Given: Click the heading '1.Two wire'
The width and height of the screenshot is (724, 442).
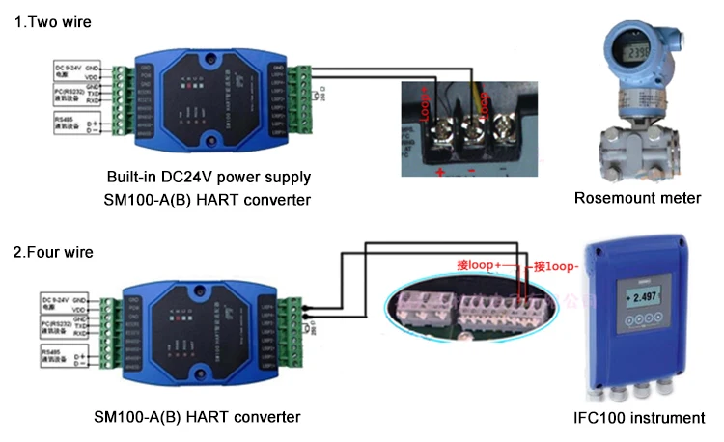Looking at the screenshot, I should click(46, 22).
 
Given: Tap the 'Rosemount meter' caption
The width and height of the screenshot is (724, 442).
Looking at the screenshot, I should click(637, 198).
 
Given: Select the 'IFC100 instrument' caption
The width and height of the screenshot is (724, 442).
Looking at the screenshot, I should click(637, 418).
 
